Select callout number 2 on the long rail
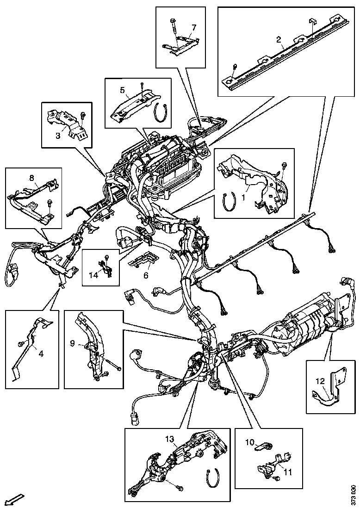point(279,40)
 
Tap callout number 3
point(58,136)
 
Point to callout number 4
point(41,354)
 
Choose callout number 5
point(122,90)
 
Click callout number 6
point(146,275)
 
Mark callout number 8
point(31,178)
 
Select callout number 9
point(72,343)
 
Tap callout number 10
point(250,442)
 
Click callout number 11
point(288,472)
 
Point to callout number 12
point(320,381)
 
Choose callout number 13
point(170,439)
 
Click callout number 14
point(93,275)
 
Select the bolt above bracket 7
point(173,27)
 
